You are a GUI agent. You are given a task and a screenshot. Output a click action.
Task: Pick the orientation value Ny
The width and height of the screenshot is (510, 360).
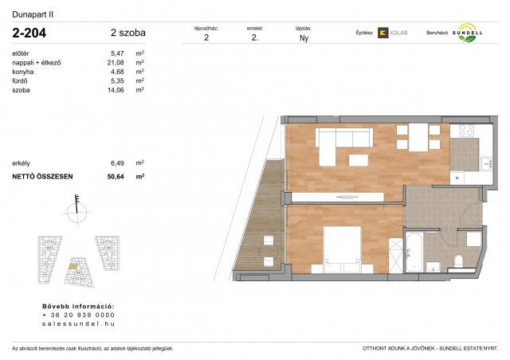[x=304, y=37]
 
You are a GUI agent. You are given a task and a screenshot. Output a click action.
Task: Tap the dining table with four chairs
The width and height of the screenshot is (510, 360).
[x=417, y=139]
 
